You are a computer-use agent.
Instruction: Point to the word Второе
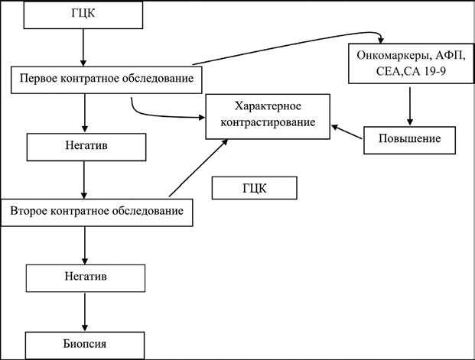35,211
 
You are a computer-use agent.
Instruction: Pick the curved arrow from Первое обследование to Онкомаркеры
291,46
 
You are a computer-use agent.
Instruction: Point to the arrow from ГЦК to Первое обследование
83,47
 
